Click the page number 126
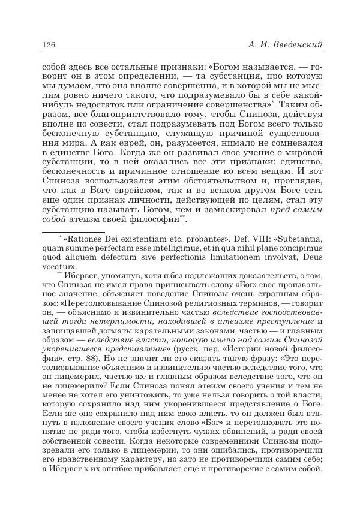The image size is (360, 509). pyautogui.click(x=48, y=44)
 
